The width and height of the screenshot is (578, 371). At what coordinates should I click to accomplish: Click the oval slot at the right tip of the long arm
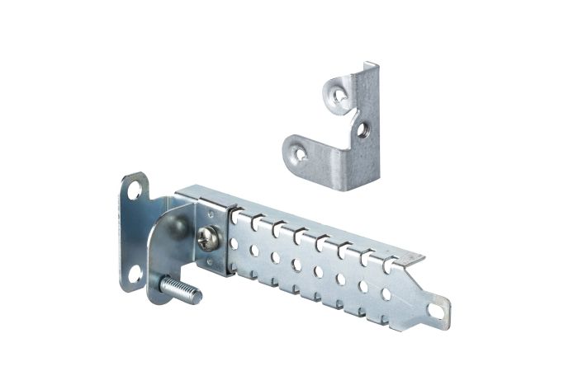[x=436, y=309]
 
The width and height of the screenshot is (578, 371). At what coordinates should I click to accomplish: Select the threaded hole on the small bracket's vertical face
[x=361, y=129]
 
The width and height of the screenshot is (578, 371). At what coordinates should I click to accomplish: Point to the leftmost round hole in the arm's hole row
[x=235, y=244]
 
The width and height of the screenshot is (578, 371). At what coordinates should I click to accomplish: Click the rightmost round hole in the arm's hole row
[x=386, y=293]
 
